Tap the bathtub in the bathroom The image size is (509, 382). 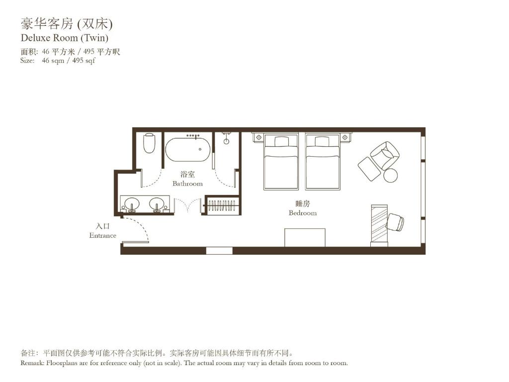(188, 149)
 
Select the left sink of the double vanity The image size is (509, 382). (132, 204)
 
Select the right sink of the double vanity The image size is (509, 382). (157, 204)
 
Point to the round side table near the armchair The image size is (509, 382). (391, 175)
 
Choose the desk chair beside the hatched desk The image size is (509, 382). (395, 222)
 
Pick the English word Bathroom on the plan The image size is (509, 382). (187, 184)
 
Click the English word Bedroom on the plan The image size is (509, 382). (302, 213)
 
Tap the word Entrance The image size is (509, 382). (102, 235)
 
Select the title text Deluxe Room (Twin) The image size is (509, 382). (65, 37)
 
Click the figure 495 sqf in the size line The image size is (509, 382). (84, 61)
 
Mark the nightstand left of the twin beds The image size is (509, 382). (258, 137)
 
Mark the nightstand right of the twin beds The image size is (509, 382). (345, 137)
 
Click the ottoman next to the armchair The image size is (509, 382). (369, 169)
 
